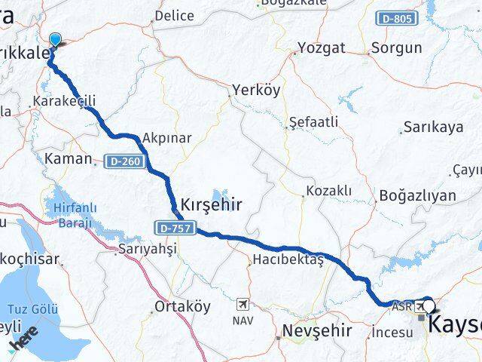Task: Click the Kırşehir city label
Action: (x=211, y=203)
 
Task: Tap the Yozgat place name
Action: (x=322, y=48)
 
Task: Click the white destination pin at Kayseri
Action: (x=429, y=305)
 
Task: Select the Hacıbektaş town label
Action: (x=287, y=259)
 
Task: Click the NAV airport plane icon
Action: (x=243, y=304)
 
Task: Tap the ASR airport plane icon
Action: (x=419, y=305)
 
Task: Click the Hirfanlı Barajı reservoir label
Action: (x=73, y=216)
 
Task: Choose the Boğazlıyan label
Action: (x=419, y=195)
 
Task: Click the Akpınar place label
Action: (x=166, y=138)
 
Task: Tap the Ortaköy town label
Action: (x=182, y=306)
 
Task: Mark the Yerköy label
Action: (x=257, y=90)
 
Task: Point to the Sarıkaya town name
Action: (x=433, y=127)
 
